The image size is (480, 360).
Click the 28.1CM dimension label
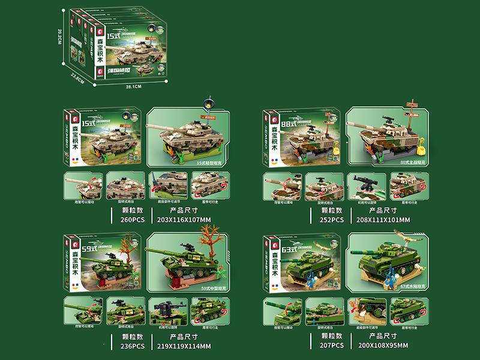[x=133, y=88]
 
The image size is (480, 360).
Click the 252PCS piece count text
[x=331, y=220]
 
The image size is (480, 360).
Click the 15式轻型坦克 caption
[x=208, y=161]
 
